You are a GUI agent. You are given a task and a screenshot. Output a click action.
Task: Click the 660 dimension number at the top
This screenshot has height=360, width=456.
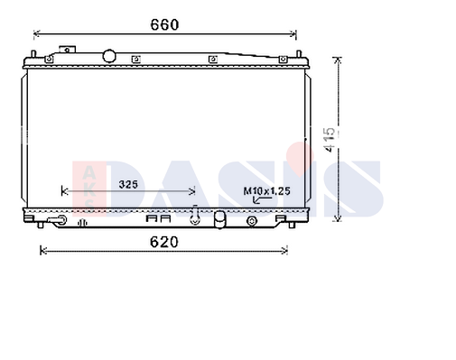coord(164,24)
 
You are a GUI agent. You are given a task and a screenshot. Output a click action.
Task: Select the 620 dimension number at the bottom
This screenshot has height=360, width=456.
coord(164,242)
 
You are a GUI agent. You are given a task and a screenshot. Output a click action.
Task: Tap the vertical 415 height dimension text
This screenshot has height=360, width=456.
coord(330,140)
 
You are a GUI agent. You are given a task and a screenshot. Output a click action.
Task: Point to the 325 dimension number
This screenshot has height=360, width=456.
coord(128,184)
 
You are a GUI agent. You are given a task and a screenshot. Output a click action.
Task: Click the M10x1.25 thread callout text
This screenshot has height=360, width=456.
coord(266,191)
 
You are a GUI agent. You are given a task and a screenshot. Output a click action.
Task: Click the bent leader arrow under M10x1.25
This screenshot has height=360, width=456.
coord(261,199)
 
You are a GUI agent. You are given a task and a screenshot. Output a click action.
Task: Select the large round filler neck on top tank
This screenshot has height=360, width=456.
coord(108,56)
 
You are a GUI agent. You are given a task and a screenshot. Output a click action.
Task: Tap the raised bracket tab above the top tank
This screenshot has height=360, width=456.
coord(68,50)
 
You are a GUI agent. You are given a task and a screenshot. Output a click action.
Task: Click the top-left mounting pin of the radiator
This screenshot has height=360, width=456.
coord(33,54)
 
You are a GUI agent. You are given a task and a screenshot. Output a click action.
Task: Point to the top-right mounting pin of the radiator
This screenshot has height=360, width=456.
coord(299,54)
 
